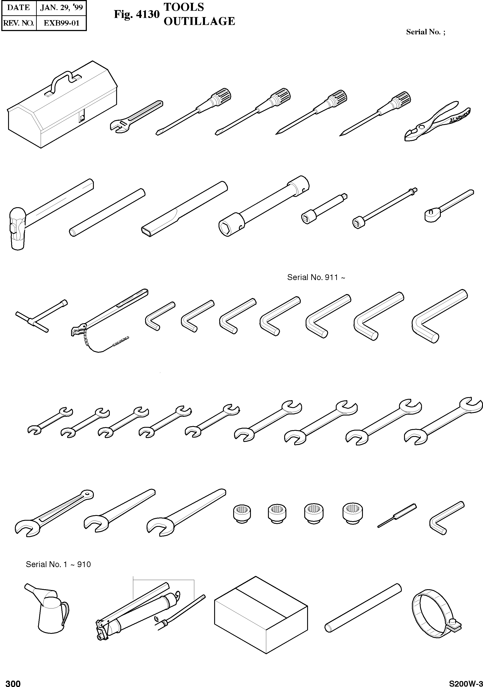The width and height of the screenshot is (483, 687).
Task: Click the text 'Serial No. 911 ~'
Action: click(316, 277)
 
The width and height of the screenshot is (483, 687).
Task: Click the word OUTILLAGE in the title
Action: click(199, 21)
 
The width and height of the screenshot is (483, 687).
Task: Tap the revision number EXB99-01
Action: click(62, 23)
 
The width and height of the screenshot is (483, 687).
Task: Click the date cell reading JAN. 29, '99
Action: click(62, 7)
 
